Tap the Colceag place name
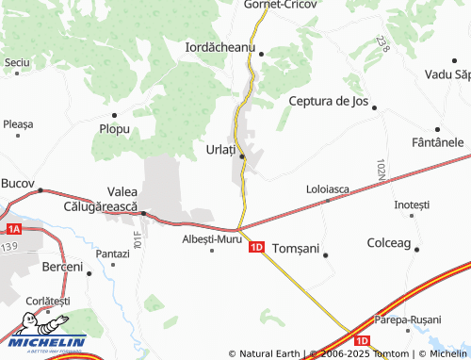pos(388,242)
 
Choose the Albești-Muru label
pos(212,238)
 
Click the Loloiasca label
pos(328,188)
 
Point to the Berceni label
pos(63,268)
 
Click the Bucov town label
pos(18,182)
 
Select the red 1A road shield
pos(12,229)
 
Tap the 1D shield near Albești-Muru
pos(256,248)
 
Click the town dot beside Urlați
pos(242,155)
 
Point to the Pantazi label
pos(112,254)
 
